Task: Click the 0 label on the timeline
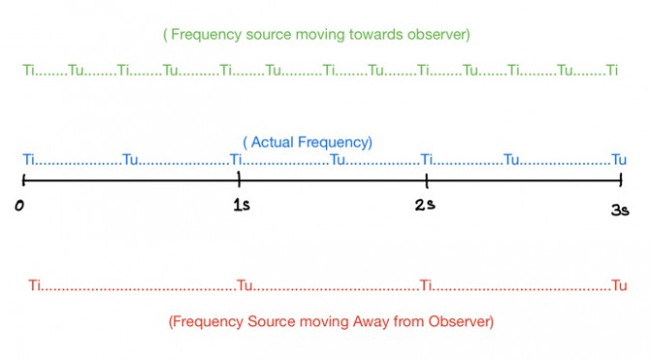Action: pyautogui.click(x=19, y=205)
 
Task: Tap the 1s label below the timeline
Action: pyautogui.click(x=242, y=205)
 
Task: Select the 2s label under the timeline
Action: pyautogui.click(x=425, y=204)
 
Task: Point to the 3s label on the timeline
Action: pyautogui.click(x=620, y=210)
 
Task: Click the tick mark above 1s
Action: pyautogui.click(x=239, y=179)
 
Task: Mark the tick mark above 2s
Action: pyautogui.click(x=427, y=180)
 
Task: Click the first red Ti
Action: pyautogui.click(x=35, y=285)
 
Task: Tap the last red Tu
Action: pyautogui.click(x=619, y=285)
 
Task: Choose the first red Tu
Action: pyautogui.click(x=245, y=285)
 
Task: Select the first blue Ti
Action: pyautogui.click(x=29, y=160)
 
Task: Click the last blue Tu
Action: pyautogui.click(x=619, y=160)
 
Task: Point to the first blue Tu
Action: pyautogui.click(x=131, y=160)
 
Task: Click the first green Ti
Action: pyautogui.click(x=29, y=70)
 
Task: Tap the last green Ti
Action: pyautogui.click(x=612, y=70)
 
